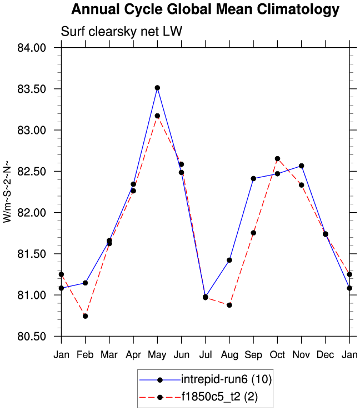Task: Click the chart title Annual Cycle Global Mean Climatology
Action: pyautogui.click(x=205, y=9)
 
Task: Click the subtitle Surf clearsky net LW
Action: pyautogui.click(x=121, y=33)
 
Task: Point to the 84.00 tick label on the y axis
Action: pyautogui.click(x=31, y=48)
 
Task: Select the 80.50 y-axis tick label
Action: pyautogui.click(x=31, y=336)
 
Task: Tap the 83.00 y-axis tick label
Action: pyautogui.click(x=31, y=130)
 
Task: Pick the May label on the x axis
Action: pyautogui.click(x=157, y=355)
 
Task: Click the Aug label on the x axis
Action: pyautogui.click(x=229, y=355)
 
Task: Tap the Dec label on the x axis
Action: pyautogui.click(x=326, y=355)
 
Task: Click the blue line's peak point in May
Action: pyautogui.click(x=157, y=88)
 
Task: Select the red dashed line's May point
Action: pyautogui.click(x=157, y=116)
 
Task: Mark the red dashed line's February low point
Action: pyautogui.click(x=85, y=316)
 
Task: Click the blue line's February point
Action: pyautogui.click(x=85, y=283)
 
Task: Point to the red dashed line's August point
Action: pyautogui.click(x=229, y=305)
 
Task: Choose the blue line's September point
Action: pyautogui.click(x=253, y=178)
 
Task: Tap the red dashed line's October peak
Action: pyautogui.click(x=277, y=159)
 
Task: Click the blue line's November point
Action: pyautogui.click(x=302, y=166)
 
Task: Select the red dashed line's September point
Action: pyautogui.click(x=253, y=233)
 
